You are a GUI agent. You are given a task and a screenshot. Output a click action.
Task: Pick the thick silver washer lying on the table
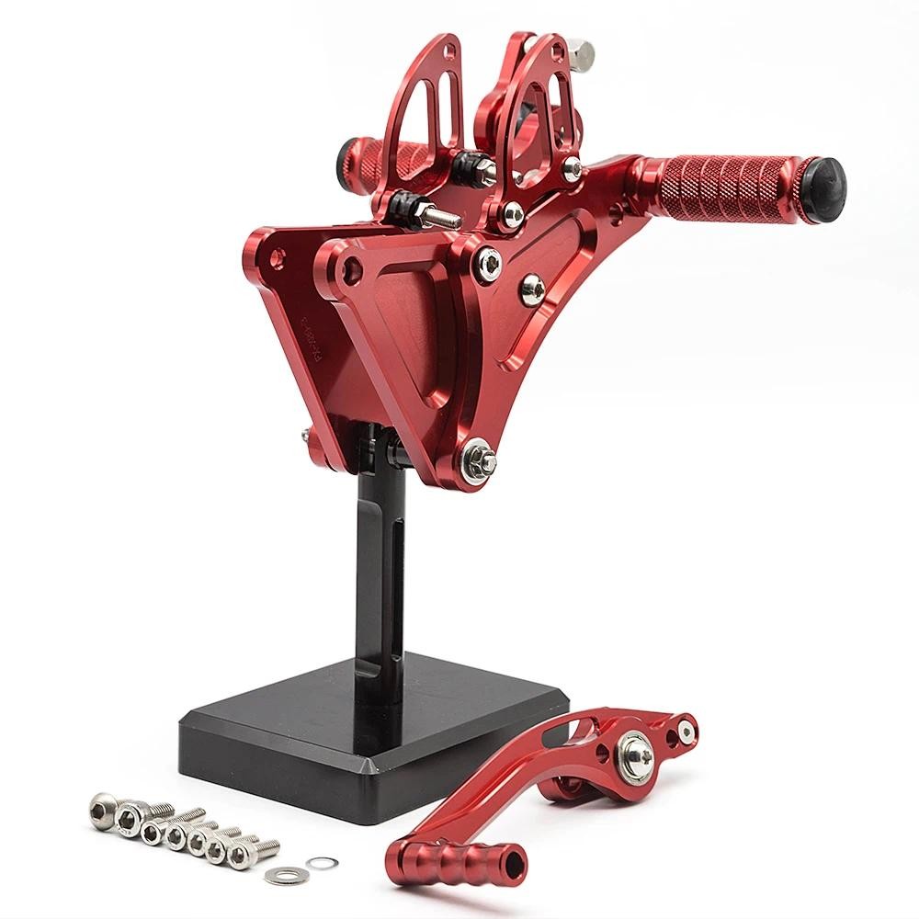278,870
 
